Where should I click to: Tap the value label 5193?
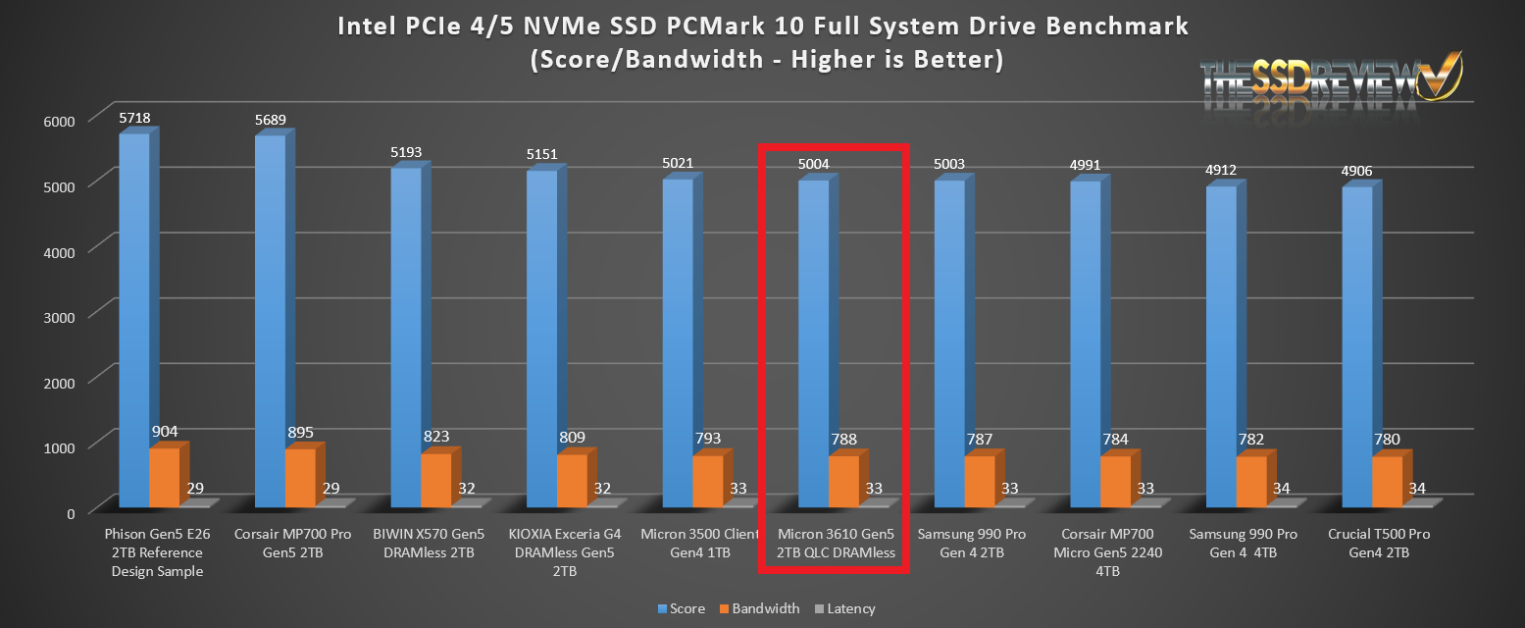coord(407,153)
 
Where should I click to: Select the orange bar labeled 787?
coord(979,482)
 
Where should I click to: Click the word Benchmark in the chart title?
coord(1107,26)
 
